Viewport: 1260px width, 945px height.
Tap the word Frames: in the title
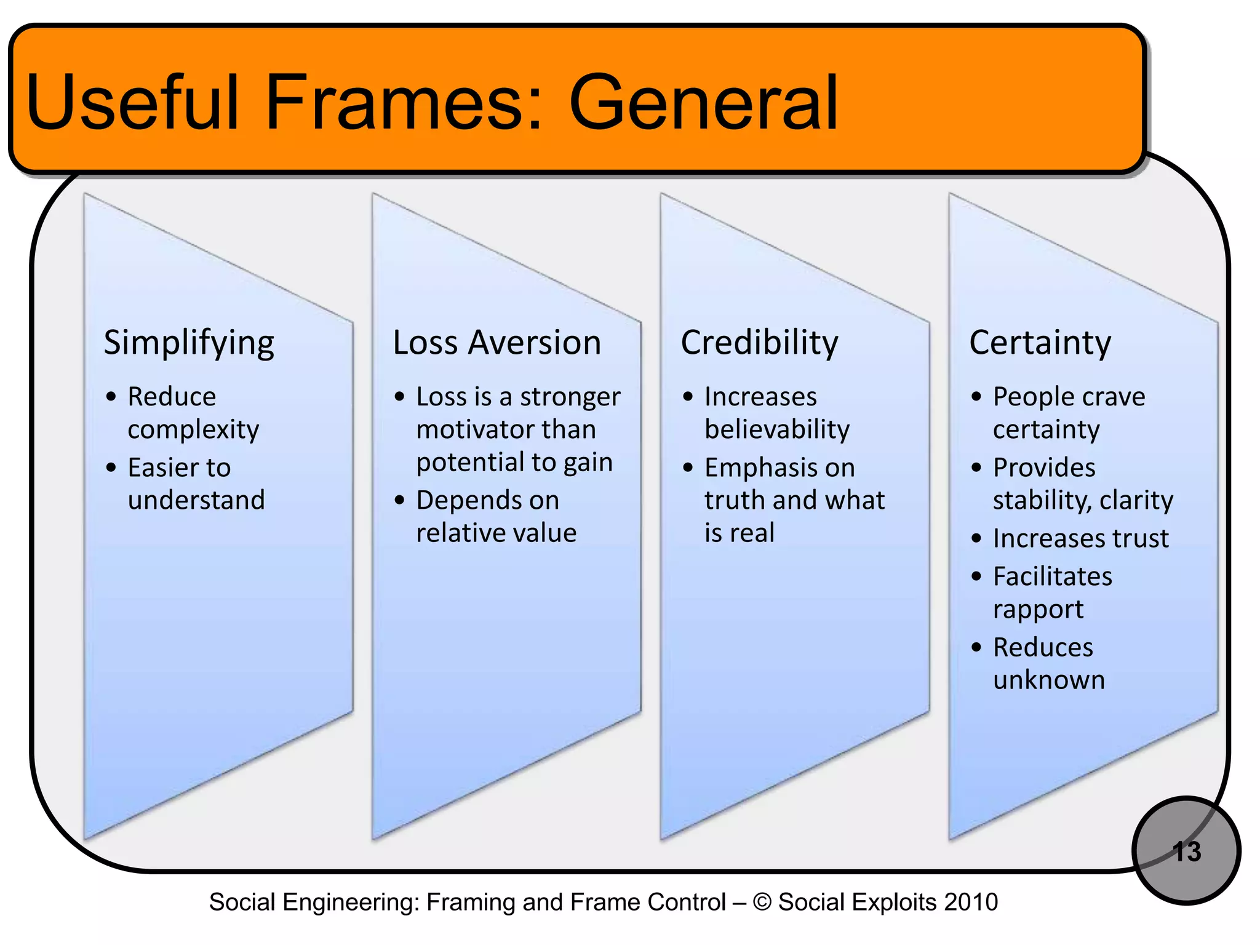click(403, 103)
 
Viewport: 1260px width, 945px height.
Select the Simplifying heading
click(189, 343)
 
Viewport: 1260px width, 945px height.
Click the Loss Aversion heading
click(496, 343)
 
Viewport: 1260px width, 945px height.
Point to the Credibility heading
click(759, 343)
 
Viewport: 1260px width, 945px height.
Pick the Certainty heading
click(1040, 343)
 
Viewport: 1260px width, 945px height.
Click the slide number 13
click(1187, 851)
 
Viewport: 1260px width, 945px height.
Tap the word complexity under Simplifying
click(193, 429)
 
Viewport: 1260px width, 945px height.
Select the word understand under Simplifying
click(196, 500)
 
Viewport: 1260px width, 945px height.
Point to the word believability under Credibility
click(777, 429)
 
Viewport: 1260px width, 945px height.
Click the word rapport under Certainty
click(1038, 610)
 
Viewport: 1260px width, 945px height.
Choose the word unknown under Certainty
click(1049, 680)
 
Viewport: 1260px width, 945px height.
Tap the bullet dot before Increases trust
click(976, 539)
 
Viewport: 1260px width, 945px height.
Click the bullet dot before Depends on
click(400, 500)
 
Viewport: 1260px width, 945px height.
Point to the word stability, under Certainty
click(1041, 500)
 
